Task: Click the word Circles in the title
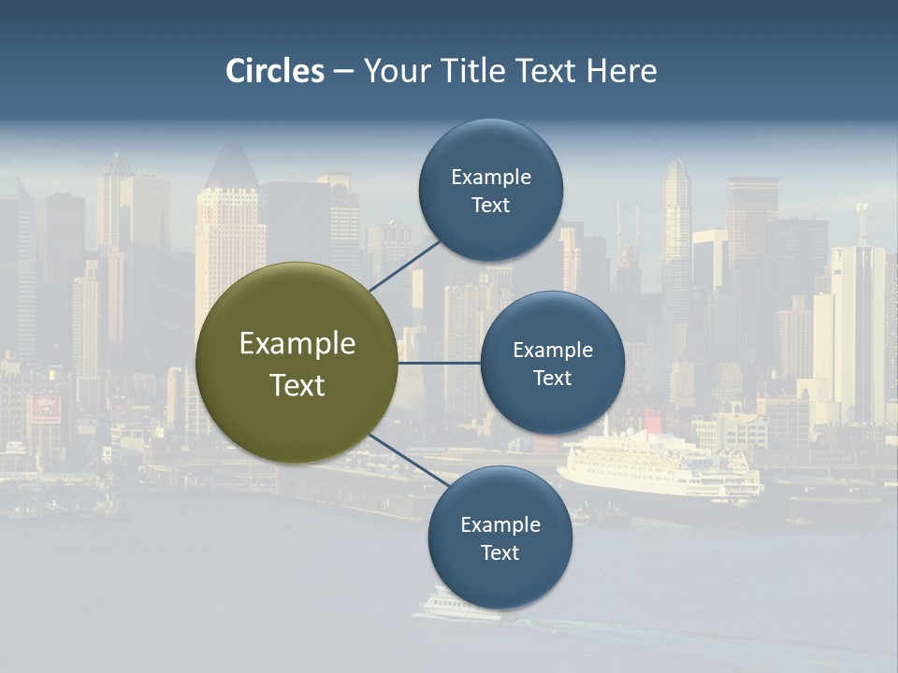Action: (x=275, y=71)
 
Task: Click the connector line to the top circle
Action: (x=404, y=265)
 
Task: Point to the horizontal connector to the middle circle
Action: (x=439, y=363)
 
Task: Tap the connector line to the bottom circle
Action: (x=408, y=461)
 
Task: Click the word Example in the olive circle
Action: (x=297, y=344)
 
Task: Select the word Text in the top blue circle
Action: (x=490, y=206)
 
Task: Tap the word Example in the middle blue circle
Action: (x=552, y=350)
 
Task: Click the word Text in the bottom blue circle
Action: (x=500, y=553)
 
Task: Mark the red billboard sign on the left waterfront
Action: (x=45, y=408)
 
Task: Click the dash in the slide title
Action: (x=343, y=71)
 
